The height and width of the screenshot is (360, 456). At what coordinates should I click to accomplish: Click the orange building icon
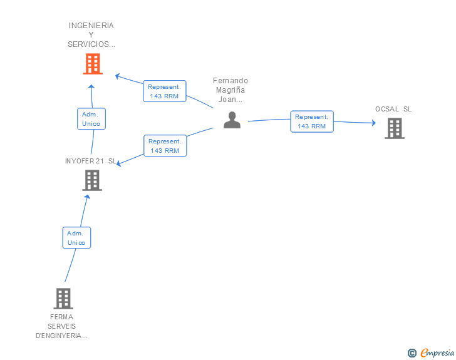92,64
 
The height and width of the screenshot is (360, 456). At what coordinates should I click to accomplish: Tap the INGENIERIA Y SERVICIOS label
91,35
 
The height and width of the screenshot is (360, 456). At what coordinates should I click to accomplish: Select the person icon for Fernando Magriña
232,120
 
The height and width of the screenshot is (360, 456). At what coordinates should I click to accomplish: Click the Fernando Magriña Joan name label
231,90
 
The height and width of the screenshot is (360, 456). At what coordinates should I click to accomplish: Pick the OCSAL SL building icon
394,128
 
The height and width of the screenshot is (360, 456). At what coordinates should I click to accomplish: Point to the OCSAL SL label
393,109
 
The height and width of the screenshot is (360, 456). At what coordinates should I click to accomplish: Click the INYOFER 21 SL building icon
92,180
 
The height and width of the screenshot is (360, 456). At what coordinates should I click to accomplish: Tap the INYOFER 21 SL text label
91,161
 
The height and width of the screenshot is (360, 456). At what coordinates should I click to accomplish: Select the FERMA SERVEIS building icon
63,299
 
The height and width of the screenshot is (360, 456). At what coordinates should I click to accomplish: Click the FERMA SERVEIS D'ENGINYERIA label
61,326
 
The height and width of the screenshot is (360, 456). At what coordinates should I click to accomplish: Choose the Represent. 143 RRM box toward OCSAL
312,121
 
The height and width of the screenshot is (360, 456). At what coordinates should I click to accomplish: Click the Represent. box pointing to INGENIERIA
164,91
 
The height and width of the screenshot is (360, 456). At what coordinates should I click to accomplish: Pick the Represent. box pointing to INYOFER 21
165,146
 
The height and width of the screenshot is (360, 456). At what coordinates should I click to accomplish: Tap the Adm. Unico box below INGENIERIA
91,119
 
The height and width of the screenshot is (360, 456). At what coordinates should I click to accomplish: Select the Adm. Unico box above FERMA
76,238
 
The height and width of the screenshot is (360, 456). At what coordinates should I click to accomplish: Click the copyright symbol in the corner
412,353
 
